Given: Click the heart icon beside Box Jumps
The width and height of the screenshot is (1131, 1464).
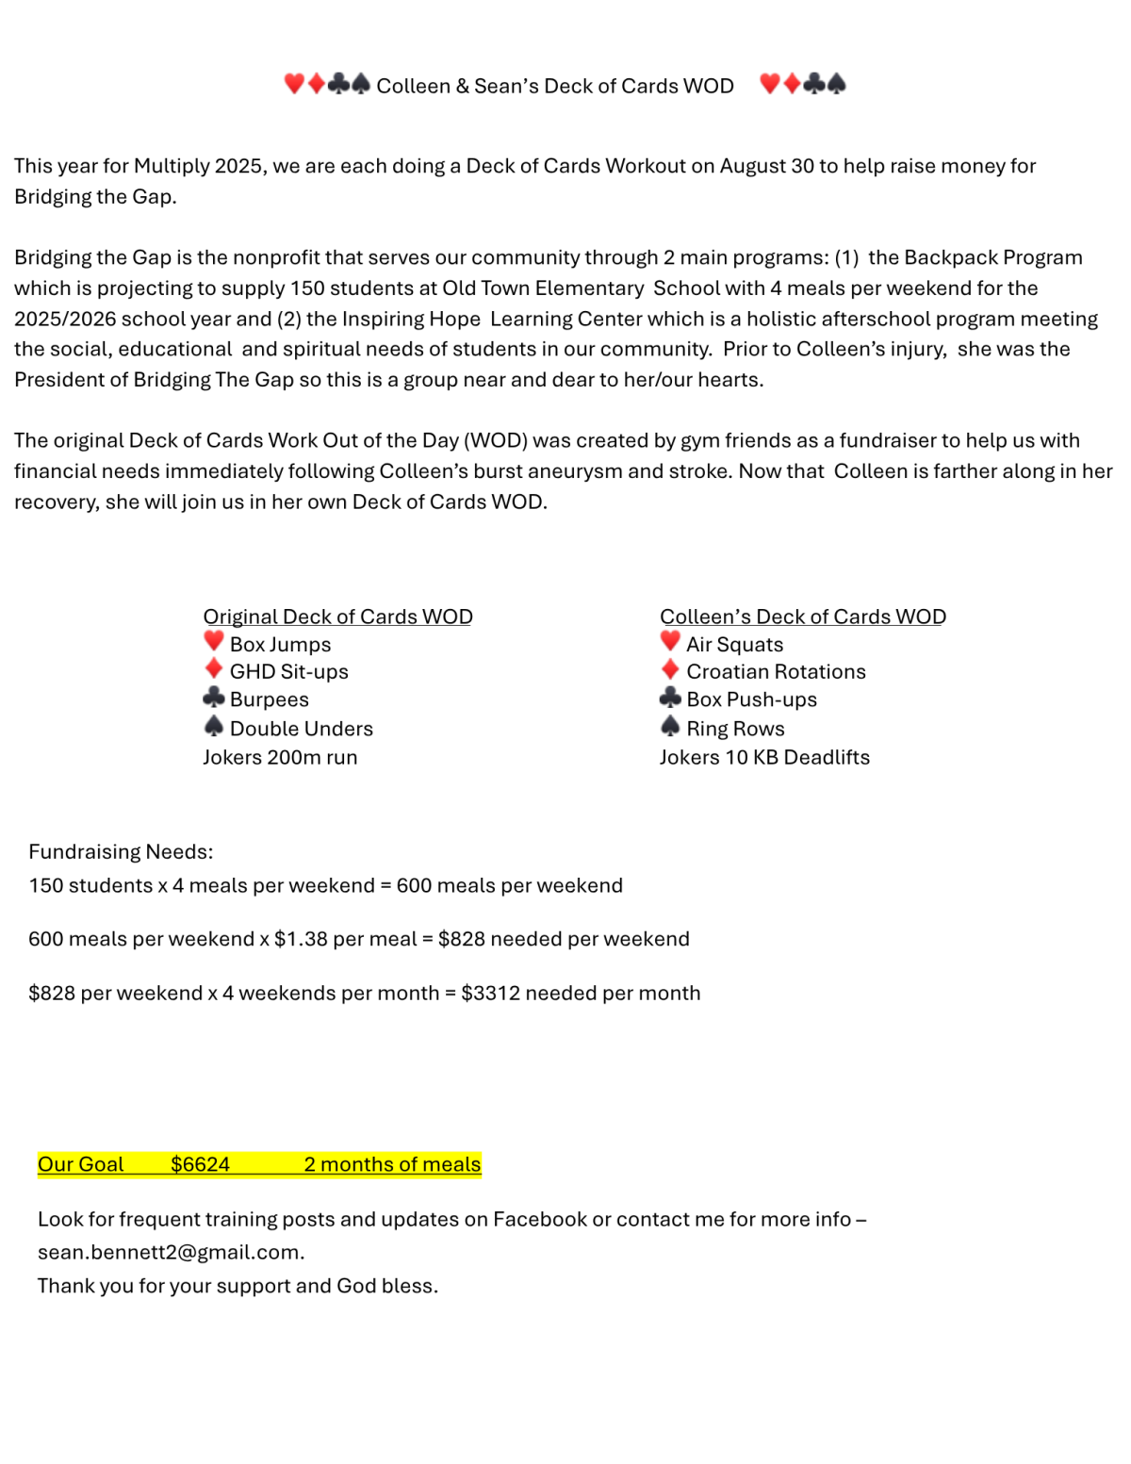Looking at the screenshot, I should [x=214, y=642].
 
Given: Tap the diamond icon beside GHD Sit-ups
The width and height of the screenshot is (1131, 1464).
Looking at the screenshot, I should [x=214, y=669].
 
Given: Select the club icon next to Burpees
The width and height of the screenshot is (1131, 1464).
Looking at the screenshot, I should [x=214, y=698].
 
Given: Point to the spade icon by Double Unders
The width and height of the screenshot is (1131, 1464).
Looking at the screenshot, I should [x=214, y=726].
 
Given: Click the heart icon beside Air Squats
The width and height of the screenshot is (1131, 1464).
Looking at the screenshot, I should [x=670, y=642].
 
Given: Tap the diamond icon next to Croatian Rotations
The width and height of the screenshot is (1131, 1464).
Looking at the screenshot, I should [x=670, y=669].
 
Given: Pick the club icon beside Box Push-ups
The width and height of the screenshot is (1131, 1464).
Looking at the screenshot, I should [x=670, y=698].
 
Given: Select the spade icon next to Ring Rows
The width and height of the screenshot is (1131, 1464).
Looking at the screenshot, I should [x=670, y=726].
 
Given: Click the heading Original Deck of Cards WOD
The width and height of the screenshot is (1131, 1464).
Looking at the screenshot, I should [x=337, y=617].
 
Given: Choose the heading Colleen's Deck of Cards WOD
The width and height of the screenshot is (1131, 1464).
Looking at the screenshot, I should [x=802, y=617].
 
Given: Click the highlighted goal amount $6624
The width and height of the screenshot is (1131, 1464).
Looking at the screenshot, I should [x=200, y=1164].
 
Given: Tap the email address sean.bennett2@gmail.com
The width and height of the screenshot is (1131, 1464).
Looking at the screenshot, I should [x=171, y=1252].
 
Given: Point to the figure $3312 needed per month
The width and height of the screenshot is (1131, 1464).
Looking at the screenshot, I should [x=580, y=993].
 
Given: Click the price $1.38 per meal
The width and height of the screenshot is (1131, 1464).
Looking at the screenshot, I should [x=345, y=939].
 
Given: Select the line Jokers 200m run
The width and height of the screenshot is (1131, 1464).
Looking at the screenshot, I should [x=280, y=757].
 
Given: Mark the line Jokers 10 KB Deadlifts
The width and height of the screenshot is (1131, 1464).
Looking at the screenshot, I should [x=764, y=757].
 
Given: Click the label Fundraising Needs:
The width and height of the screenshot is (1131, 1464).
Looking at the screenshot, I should [x=121, y=851].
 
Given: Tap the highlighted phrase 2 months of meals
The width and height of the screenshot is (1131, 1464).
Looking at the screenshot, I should [x=392, y=1164].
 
